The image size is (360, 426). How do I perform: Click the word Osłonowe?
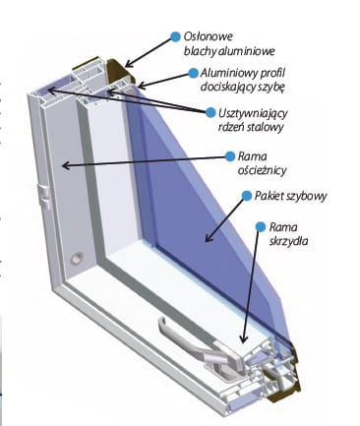(x=208, y=36)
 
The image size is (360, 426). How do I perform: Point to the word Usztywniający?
(x=253, y=113)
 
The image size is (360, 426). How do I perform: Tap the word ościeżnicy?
(x=262, y=170)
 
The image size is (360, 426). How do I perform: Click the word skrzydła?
(x=288, y=241)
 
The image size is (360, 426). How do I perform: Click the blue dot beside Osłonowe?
(x=175, y=36)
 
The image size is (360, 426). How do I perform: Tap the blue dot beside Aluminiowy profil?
(x=194, y=73)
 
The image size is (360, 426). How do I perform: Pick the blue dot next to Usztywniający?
(x=210, y=112)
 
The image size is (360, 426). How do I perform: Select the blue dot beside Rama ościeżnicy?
(x=230, y=156)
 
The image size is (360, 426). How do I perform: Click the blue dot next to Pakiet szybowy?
(x=247, y=196)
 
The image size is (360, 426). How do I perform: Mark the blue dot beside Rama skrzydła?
(x=261, y=226)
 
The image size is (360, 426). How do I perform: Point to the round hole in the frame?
(x=78, y=259)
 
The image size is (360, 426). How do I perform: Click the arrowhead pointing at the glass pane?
(x=209, y=238)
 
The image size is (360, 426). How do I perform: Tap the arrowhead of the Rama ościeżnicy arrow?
(x=66, y=165)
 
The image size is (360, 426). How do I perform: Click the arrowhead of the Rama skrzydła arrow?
(x=243, y=338)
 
